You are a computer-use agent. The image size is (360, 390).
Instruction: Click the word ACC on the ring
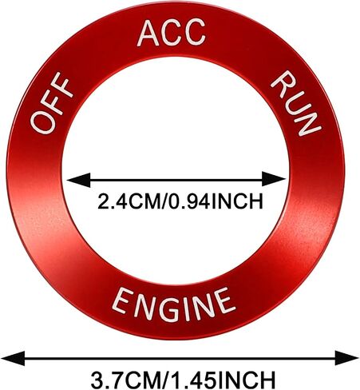tap(172, 33)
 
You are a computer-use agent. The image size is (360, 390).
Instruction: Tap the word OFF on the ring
tap(51, 102)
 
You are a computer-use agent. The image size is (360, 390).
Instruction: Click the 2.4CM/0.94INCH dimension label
tap(180, 201)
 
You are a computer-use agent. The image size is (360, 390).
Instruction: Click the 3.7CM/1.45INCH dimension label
tap(183, 380)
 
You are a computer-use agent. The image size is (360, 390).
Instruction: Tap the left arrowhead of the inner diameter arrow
tap(78, 181)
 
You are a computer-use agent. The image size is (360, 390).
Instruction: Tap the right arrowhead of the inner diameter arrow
tap(274, 179)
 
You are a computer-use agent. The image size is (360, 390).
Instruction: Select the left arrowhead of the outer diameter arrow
tap(14, 358)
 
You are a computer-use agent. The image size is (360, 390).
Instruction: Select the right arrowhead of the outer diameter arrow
tap(346, 358)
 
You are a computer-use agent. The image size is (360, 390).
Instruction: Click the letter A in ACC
tap(148, 34)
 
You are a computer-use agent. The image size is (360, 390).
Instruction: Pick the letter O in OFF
tap(42, 122)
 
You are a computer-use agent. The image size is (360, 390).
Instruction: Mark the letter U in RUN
tap(296, 103)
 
